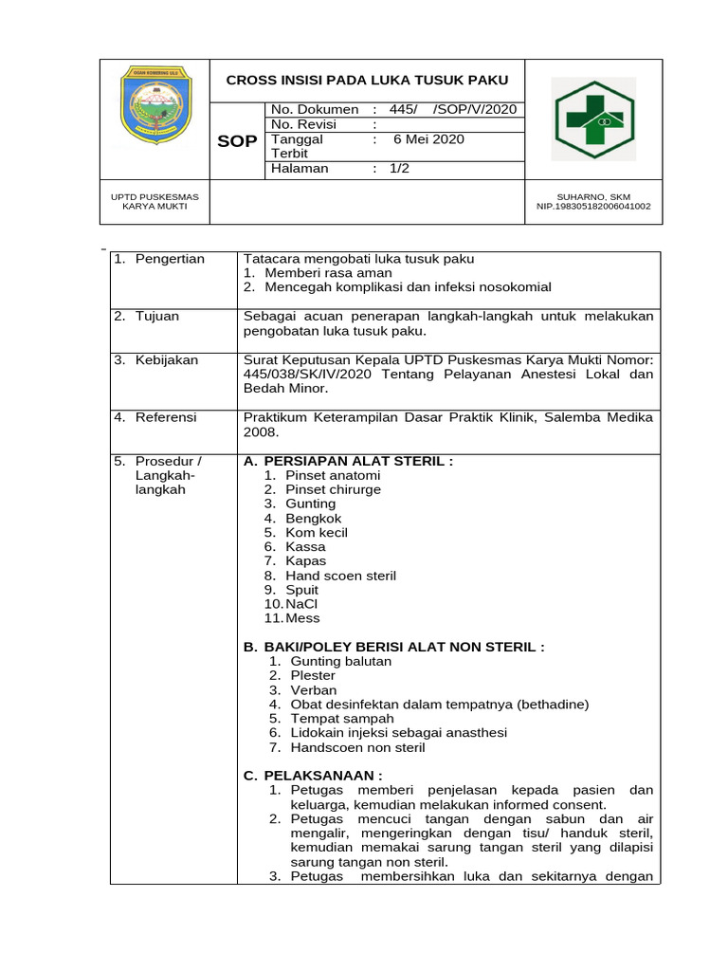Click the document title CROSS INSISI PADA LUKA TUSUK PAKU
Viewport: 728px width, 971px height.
point(367,80)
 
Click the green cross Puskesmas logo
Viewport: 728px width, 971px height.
point(594,119)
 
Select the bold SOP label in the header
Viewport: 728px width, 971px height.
point(237,141)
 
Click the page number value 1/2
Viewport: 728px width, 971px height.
point(399,169)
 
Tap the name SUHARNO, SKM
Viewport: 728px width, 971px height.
point(594,197)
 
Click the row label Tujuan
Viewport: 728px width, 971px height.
point(157,316)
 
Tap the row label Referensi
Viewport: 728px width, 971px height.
point(166,416)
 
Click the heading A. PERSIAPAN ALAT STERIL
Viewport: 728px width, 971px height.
point(349,461)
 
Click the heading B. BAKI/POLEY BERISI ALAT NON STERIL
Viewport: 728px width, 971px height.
point(394,647)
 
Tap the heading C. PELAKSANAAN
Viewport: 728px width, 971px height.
point(314,775)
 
